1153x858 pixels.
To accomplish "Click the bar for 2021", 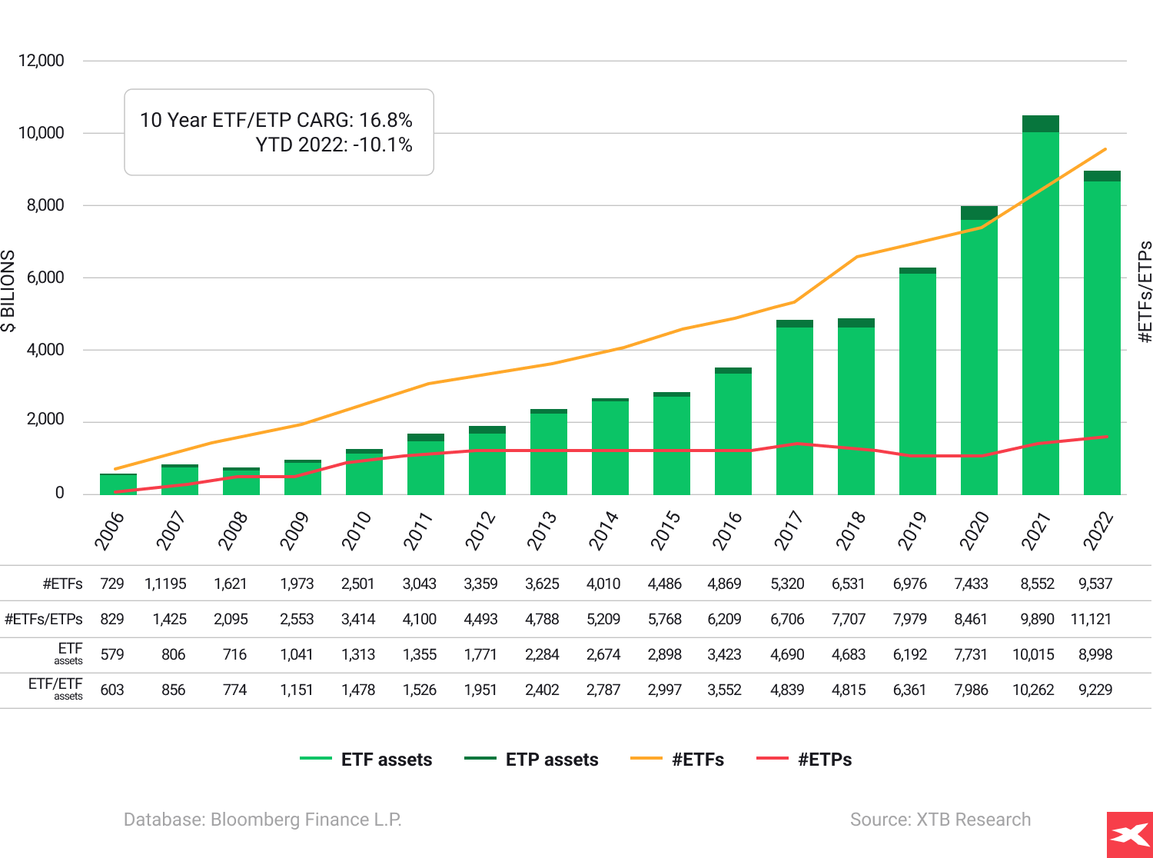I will click(x=1040, y=308).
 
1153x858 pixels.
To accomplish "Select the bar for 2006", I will click(x=118, y=484).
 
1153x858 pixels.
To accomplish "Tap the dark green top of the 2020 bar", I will click(x=979, y=213).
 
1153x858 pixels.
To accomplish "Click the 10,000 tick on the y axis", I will click(x=42, y=133).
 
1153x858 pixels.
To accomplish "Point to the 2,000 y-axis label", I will click(x=45, y=420).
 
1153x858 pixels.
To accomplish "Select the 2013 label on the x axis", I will click(x=542, y=530).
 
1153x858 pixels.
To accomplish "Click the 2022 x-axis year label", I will click(x=1098, y=530).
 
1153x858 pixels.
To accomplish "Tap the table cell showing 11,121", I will click(x=1091, y=619).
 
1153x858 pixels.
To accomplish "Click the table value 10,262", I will click(x=1032, y=690).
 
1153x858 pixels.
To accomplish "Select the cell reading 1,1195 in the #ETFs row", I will click(x=165, y=584).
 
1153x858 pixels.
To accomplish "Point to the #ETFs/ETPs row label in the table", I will click(x=43, y=619).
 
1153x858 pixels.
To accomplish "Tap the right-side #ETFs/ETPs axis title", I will click(x=1145, y=292).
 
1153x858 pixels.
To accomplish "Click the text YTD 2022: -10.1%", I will click(x=334, y=145).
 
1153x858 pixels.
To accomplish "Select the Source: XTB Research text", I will click(x=940, y=820).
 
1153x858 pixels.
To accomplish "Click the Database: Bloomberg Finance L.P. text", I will click(x=262, y=820).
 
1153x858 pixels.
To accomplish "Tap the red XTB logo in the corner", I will click(x=1129, y=835).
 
